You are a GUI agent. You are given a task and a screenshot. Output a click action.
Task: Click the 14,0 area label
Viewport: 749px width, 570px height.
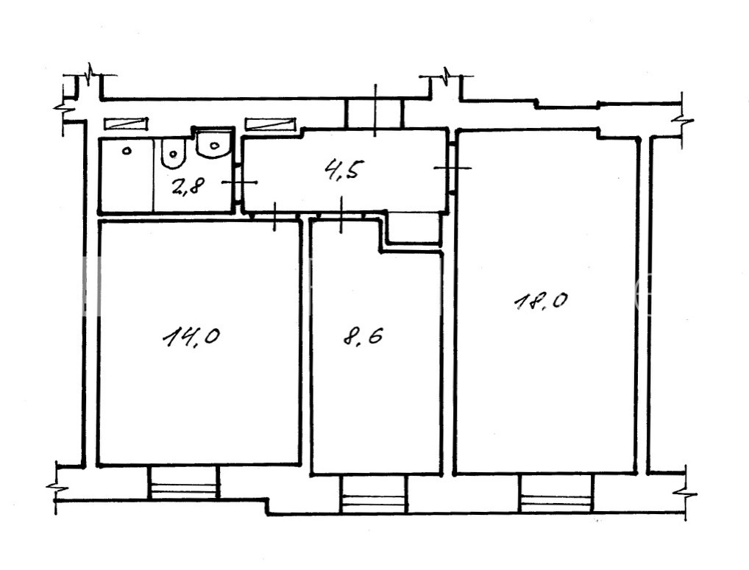(x=191, y=338)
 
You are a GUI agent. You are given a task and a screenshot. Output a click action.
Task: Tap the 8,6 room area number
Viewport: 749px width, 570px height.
(x=363, y=337)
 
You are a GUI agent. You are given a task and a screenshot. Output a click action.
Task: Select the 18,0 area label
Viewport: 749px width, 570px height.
(x=541, y=302)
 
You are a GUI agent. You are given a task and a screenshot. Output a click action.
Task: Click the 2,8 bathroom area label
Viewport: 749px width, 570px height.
(x=188, y=185)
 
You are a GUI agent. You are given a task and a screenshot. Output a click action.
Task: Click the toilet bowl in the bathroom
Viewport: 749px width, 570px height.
(x=172, y=153)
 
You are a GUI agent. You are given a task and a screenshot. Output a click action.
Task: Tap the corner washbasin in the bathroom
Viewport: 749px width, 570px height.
(x=213, y=143)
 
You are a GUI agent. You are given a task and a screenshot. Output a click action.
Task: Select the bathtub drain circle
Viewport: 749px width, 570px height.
(x=127, y=152)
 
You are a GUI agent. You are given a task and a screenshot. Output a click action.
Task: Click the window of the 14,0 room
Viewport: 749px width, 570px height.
(x=184, y=482)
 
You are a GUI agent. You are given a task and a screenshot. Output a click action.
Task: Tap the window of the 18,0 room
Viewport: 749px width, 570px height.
(x=557, y=493)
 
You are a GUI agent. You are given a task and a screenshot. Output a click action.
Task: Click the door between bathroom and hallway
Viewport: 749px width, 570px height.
(x=239, y=182)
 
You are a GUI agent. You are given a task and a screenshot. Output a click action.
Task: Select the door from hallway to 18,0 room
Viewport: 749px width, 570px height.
(x=452, y=168)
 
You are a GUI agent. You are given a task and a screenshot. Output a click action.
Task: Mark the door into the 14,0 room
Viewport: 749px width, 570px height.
(x=274, y=216)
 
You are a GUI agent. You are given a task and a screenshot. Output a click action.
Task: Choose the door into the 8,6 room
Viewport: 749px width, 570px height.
(x=341, y=215)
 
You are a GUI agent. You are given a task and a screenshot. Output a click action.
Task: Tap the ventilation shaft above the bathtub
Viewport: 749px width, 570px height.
(x=124, y=124)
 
